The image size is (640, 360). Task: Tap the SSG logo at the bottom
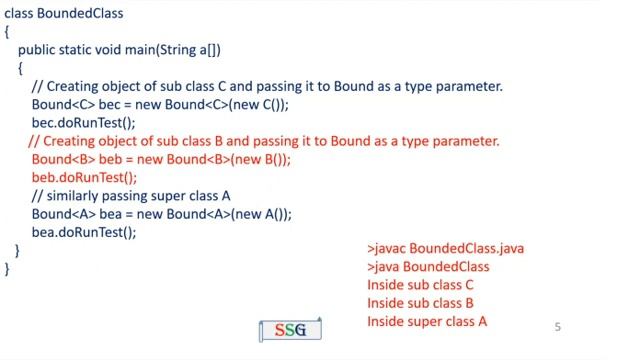(x=290, y=330)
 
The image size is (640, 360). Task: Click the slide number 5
(x=558, y=327)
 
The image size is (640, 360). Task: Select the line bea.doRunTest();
(x=84, y=232)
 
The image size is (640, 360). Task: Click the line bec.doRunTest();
(x=83, y=123)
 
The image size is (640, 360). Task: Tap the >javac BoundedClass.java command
(x=445, y=248)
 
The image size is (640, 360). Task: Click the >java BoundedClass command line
(x=428, y=267)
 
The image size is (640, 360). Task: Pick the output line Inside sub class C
(x=420, y=285)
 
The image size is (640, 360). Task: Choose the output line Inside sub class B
(x=420, y=303)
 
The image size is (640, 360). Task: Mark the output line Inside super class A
(x=427, y=321)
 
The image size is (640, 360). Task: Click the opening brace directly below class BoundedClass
(x=8, y=32)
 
